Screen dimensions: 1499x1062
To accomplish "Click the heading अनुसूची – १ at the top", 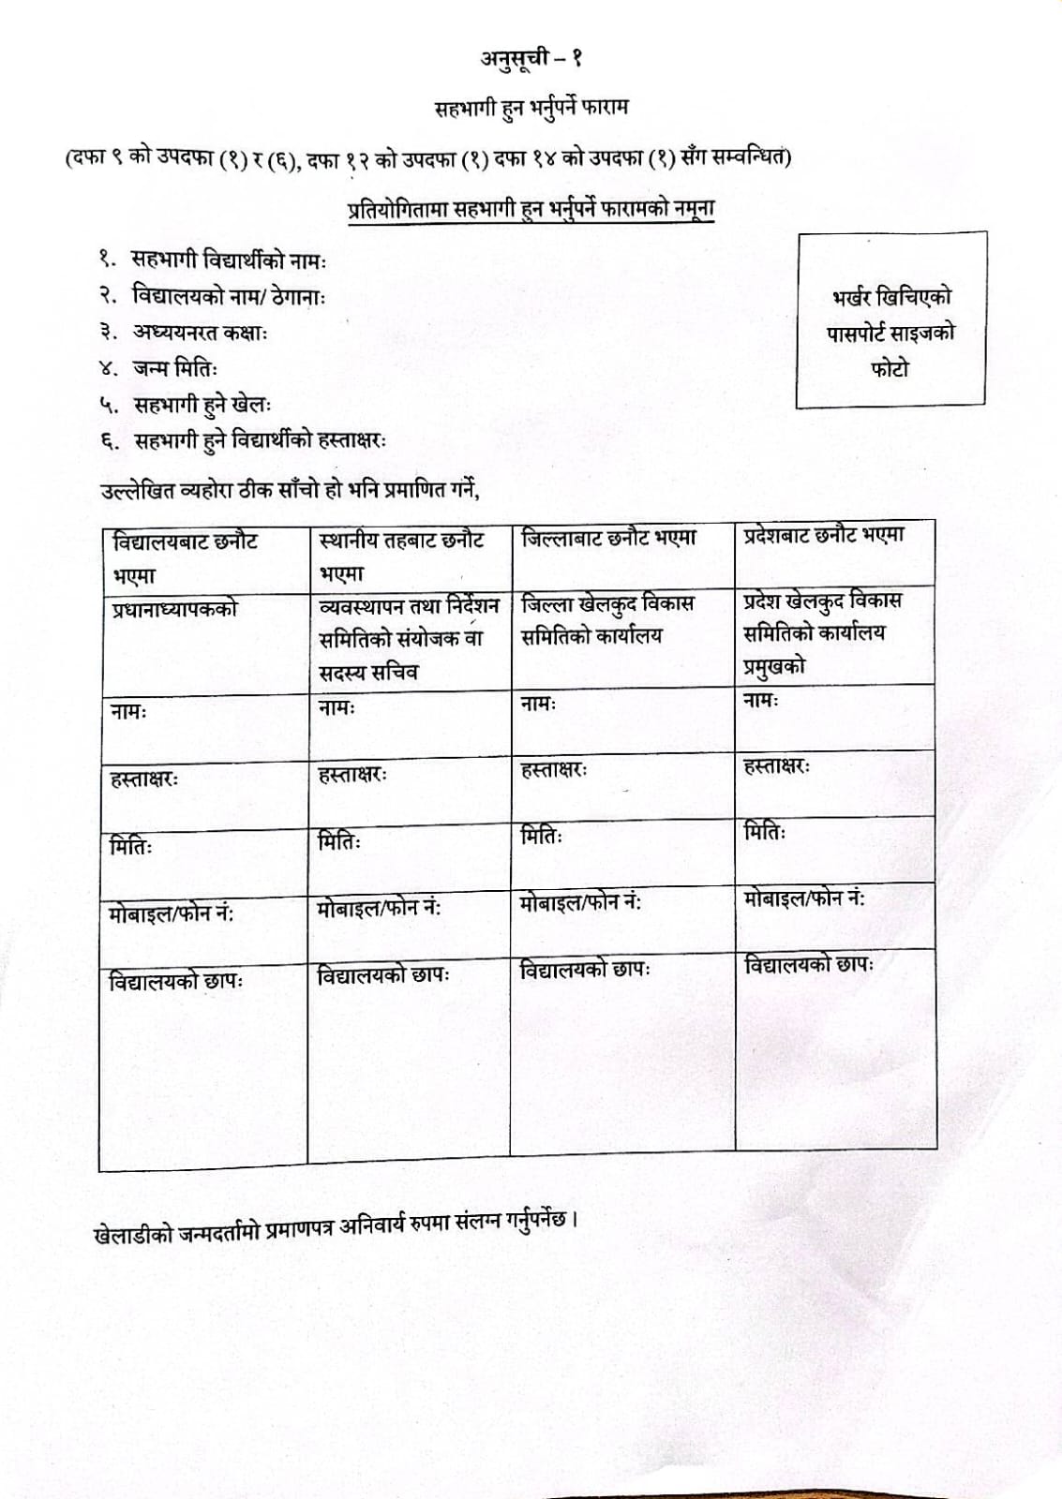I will (x=531, y=59).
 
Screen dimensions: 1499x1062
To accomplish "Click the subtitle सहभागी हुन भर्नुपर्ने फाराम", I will (x=531, y=107).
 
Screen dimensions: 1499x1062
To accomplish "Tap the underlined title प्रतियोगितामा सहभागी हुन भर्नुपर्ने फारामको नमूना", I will (x=531, y=208).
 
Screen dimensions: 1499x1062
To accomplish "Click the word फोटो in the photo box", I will (x=889, y=368).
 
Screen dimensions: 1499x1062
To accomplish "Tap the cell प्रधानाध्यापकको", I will (x=174, y=609).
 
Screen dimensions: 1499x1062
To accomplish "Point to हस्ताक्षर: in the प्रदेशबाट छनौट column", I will (x=776, y=766).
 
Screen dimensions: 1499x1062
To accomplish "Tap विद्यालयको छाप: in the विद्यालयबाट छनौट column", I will (x=176, y=982).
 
